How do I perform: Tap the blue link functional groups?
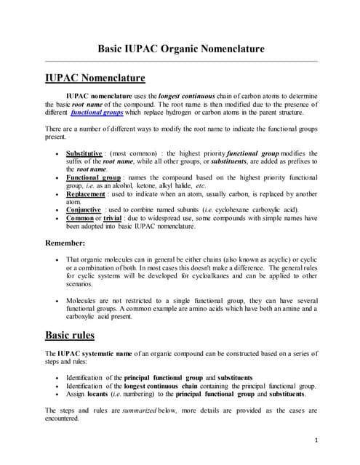(97, 113)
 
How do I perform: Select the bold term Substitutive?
(84, 154)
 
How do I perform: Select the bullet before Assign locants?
(57, 395)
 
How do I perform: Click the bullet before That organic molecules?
(57, 260)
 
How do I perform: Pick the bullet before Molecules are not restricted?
(57, 299)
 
